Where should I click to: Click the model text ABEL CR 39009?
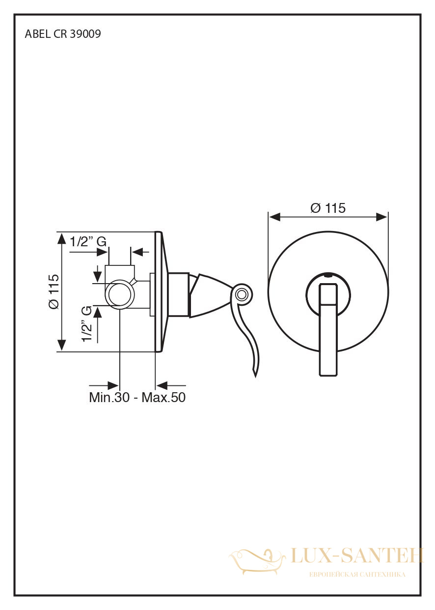63,34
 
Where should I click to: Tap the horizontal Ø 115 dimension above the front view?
328,208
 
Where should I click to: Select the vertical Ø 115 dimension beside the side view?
54,291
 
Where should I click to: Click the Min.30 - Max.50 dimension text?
137,397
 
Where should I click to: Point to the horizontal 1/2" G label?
88,241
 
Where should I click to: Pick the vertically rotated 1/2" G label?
87,324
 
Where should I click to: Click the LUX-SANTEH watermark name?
357,555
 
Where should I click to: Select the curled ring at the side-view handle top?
241,294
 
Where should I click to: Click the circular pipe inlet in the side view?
120,294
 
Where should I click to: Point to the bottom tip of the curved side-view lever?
255,377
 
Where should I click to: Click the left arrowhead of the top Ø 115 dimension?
274,217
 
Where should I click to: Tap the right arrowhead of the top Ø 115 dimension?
381,217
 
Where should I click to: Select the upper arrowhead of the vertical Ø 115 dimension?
62,238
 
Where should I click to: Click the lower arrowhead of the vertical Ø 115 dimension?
62,345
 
